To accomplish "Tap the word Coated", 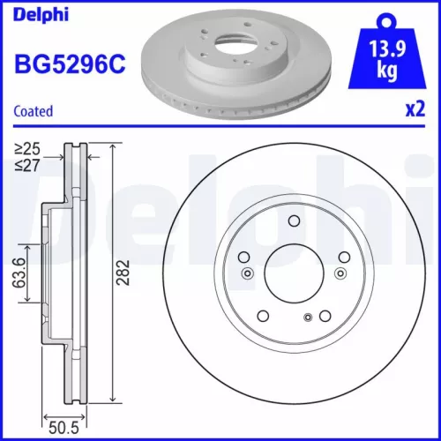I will click(34, 111).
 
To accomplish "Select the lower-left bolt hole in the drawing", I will click(263, 315).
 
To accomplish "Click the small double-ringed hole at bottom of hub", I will click(307, 318).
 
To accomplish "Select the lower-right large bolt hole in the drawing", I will click(325, 315).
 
